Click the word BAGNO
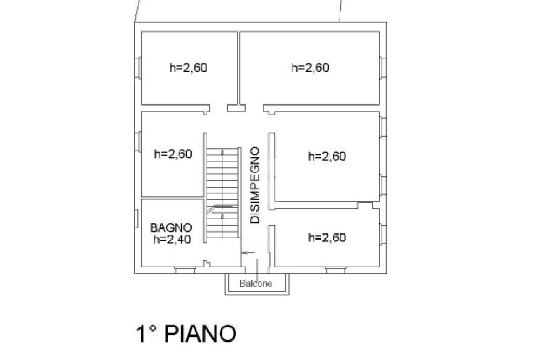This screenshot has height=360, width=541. point(171,228)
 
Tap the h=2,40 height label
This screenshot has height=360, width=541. point(172,239)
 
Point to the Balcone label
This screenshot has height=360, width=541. point(256,284)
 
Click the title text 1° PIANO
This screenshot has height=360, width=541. point(186,334)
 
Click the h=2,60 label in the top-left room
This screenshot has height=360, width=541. point(188,68)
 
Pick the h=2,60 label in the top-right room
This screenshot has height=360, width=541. point(311,68)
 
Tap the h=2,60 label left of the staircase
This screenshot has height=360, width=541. point(173,154)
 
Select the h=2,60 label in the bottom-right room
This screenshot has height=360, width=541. point(327,238)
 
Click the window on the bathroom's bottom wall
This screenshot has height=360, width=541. point(185,270)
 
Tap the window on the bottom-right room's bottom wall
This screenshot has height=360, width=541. point(333,270)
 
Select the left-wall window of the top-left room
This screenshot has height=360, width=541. point(138,68)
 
